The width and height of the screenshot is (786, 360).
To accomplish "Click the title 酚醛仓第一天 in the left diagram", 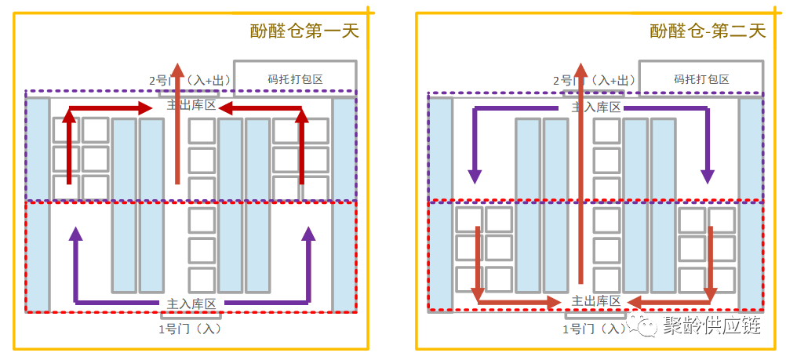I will pos(304,31).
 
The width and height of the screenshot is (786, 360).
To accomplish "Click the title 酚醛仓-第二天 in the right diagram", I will pos(707,31).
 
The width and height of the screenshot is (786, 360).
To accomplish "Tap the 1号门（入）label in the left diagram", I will pos(189,328).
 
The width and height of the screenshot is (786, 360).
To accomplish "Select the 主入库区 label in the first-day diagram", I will pos(191,303).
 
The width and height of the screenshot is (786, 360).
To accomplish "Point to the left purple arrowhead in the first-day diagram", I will pos(76,233).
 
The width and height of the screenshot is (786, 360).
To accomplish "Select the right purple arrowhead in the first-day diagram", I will pos(308,233).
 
